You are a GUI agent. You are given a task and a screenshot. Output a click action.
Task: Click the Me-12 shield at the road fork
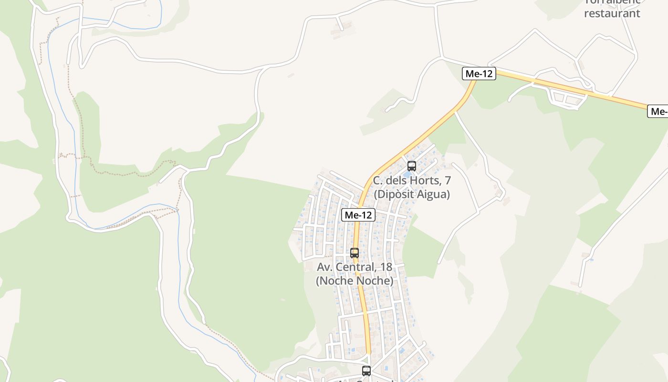pyautogui.click(x=479, y=74)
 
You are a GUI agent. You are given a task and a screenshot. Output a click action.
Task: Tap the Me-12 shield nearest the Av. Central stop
pyautogui.click(x=358, y=215)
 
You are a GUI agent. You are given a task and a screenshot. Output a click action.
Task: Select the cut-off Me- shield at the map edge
pyautogui.click(x=658, y=111)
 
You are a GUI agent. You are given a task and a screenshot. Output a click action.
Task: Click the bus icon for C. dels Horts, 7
pyautogui.click(x=411, y=166)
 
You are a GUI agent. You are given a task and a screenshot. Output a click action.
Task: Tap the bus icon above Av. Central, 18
pyautogui.click(x=355, y=253)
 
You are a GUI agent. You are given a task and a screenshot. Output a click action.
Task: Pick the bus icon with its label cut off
pyautogui.click(x=366, y=371)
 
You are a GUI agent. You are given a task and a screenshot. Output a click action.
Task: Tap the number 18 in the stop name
pyautogui.click(x=386, y=267)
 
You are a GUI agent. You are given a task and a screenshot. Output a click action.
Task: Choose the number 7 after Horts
pyautogui.click(x=448, y=181)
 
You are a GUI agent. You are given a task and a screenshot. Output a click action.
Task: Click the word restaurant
pyautogui.click(x=612, y=13)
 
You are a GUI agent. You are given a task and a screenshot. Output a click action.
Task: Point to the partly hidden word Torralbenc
pyautogui.click(x=612, y=2)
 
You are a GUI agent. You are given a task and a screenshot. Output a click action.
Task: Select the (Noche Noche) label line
pyautogui.click(x=355, y=281)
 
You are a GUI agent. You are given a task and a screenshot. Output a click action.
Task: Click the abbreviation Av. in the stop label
pyautogui.click(x=325, y=267)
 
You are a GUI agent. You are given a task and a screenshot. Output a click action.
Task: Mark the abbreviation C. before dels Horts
pyautogui.click(x=378, y=181)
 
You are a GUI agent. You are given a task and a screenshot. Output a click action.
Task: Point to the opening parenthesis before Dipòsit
pyautogui.click(x=376, y=194)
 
